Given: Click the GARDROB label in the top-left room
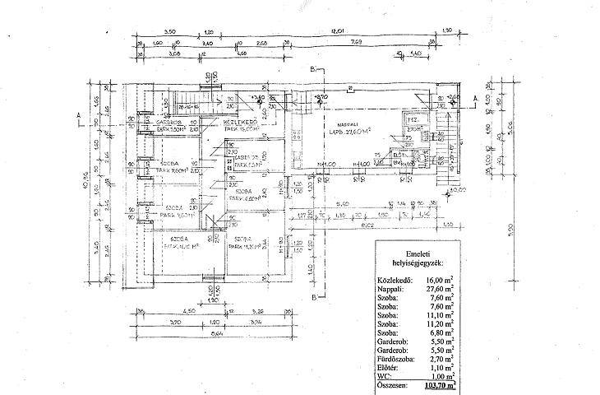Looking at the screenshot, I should [161, 123].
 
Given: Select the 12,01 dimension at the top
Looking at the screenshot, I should [335, 31].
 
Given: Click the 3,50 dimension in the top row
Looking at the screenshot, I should [171, 31].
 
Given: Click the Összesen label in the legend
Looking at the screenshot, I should [394, 384].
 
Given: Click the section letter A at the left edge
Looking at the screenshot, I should [76, 114].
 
